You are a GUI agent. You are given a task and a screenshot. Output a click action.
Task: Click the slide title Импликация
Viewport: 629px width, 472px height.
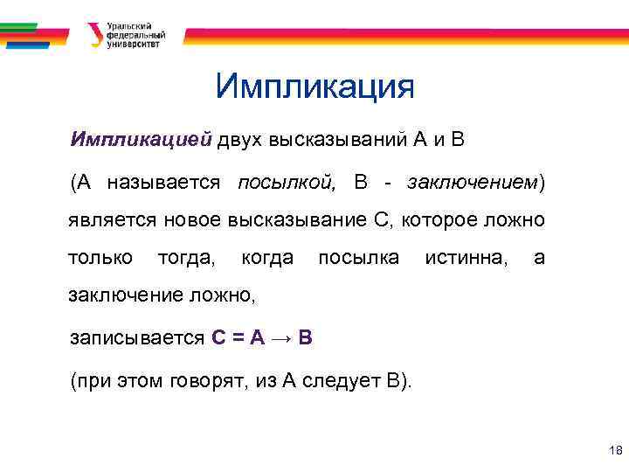click(314, 87)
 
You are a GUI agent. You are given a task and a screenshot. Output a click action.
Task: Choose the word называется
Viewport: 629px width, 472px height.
click(163, 183)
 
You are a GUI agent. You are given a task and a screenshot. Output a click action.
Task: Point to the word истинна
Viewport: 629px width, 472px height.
click(464, 258)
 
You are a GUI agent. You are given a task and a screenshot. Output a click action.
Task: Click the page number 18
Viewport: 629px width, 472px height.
click(613, 451)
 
